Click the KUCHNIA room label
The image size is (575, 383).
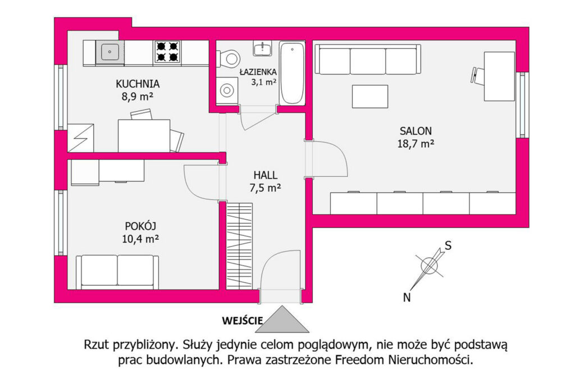(x=138, y=84)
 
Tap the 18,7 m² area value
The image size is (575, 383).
(x=416, y=143)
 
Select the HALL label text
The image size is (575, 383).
(x=266, y=175)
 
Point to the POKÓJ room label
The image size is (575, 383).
(x=140, y=226)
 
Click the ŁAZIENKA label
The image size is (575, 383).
(x=258, y=72)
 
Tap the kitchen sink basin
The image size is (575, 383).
(x=109, y=52)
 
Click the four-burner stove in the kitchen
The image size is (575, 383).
(x=167, y=52)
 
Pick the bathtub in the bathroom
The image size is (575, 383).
(x=292, y=73)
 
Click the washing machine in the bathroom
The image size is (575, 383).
(x=227, y=90)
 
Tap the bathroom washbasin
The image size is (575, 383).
(x=263, y=48)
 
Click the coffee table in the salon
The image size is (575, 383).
(x=369, y=97)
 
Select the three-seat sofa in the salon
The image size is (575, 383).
(x=368, y=60)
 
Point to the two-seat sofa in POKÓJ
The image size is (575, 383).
(x=117, y=272)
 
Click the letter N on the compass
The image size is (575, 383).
(x=407, y=298)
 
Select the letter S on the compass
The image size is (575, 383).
(x=448, y=245)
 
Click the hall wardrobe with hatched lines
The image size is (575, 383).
(x=239, y=246)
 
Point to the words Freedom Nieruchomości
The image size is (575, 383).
(x=404, y=360)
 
